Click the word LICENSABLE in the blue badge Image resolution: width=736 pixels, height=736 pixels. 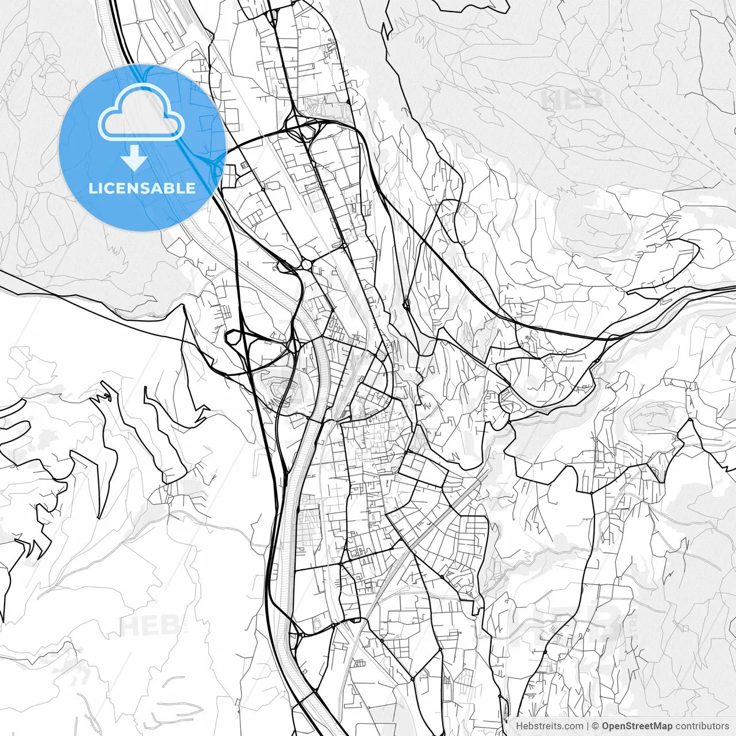tap(142, 188)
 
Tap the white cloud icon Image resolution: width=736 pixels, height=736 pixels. tap(141, 113)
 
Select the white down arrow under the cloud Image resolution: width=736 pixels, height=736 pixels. tap(135, 158)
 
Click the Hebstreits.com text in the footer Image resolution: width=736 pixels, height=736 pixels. tap(549, 726)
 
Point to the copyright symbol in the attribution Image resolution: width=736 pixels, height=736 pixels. tap(596, 726)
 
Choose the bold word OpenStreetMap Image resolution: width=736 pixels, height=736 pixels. tap(637, 726)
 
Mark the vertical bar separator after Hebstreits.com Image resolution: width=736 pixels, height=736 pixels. tap(587, 726)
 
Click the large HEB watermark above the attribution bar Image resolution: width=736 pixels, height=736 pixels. tap(575, 624)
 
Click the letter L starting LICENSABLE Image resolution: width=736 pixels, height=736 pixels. tap(92, 188)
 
